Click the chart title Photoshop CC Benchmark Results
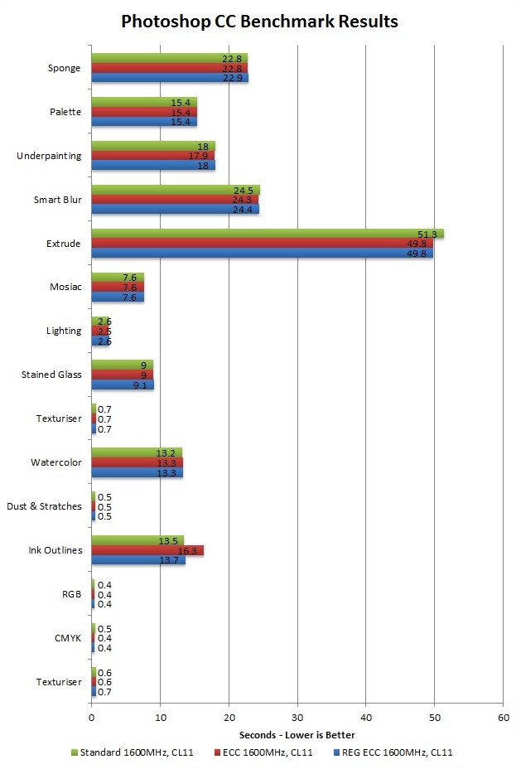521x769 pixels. pos(259,22)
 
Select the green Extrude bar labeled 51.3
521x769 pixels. pos(267,234)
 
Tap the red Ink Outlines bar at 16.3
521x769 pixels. pos(147,550)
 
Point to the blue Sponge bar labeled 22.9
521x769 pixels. pos(169,78)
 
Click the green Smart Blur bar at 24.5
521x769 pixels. pos(175,190)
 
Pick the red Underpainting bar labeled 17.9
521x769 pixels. pos(152,155)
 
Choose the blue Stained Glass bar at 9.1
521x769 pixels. pos(122,384)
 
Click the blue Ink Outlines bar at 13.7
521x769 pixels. pos(137,561)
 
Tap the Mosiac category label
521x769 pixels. pos(65,288)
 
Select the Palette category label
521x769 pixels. pos(65,112)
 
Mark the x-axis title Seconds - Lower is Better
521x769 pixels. pos(297,734)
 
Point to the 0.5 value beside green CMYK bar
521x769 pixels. pos(105,628)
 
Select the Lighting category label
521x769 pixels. pos(64,331)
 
